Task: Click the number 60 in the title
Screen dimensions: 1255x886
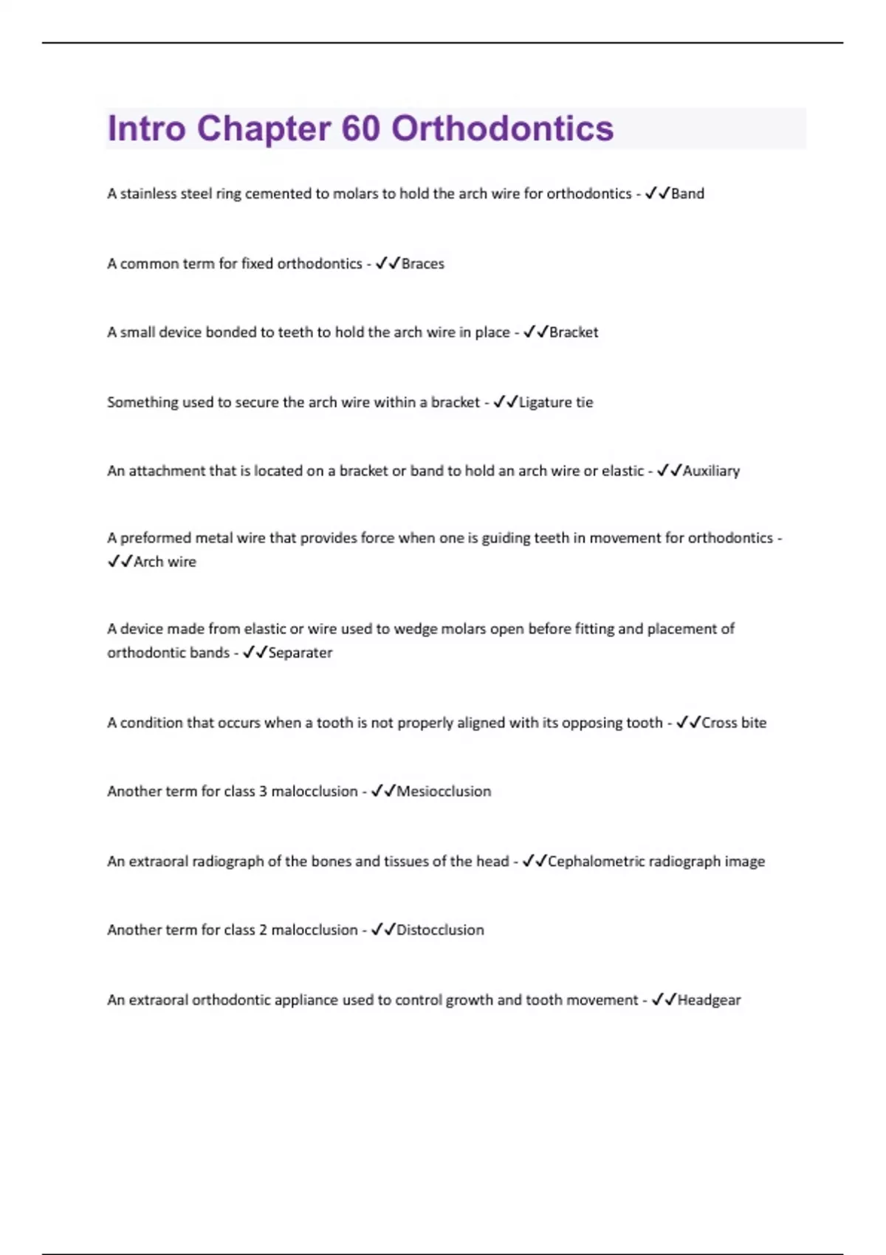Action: point(360,128)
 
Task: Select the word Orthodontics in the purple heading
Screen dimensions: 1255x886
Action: point(502,128)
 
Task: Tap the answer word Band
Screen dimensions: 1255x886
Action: point(687,194)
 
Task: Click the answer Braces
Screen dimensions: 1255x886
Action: point(422,264)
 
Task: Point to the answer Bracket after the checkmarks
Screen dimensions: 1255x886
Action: point(574,333)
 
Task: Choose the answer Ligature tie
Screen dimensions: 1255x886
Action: point(556,402)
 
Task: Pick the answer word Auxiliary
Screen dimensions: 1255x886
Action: point(711,471)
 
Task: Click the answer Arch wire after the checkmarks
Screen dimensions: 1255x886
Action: point(165,562)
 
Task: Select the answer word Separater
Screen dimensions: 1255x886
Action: point(300,653)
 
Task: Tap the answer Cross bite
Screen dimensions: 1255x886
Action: point(734,723)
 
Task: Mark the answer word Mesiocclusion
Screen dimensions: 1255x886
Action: point(444,791)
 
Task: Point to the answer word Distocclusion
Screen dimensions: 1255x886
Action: point(440,930)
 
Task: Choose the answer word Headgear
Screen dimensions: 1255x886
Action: point(709,1000)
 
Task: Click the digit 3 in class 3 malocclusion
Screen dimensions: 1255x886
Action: point(263,791)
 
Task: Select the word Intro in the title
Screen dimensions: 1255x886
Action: point(146,128)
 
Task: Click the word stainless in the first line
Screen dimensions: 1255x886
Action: point(148,194)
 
